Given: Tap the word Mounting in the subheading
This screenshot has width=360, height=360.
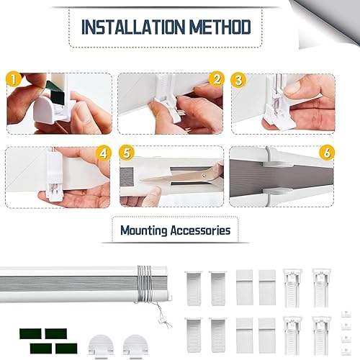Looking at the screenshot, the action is (143, 230).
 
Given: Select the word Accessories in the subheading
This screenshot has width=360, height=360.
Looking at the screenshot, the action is (200, 230).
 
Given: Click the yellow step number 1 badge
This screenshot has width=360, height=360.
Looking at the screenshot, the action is (14, 79).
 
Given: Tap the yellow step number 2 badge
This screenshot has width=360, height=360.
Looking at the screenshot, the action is (217, 79).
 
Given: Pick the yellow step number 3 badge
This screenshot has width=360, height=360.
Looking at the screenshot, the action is (238, 80).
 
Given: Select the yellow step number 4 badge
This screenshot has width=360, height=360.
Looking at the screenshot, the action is (104, 153).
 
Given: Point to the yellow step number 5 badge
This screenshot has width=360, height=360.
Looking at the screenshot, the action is (127, 153).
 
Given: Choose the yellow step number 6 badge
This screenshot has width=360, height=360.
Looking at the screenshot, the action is (327, 153).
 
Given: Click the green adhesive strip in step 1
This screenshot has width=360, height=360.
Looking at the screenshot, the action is (55, 92).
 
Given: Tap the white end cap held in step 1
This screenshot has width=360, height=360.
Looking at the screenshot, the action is (45, 112).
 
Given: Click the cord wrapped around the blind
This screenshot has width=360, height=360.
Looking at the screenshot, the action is (144, 284).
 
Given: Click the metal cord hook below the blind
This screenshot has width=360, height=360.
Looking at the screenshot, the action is (163, 319).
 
